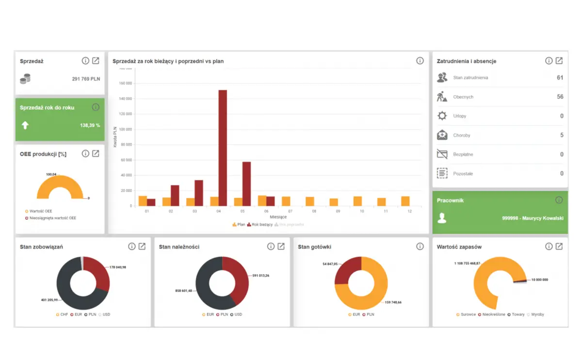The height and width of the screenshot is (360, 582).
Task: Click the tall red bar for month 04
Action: (223, 147)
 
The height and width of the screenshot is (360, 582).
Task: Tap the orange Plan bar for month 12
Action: (405, 201)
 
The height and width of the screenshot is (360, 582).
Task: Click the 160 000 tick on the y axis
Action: (125, 83)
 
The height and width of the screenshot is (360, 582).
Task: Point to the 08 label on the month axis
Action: (314, 212)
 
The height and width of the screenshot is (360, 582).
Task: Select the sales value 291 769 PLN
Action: (86, 79)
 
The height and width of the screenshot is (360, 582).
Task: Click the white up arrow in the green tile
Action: (25, 125)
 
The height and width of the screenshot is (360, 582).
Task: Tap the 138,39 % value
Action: (90, 125)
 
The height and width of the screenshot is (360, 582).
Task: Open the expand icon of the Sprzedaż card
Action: (96, 61)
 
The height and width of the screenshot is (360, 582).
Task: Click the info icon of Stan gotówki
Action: (420, 246)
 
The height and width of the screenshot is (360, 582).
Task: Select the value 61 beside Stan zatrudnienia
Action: (560, 78)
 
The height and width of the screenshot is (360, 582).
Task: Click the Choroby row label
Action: (461, 135)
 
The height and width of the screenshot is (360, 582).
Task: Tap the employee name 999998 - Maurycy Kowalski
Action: (533, 218)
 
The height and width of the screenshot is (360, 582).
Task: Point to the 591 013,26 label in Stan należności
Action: (260, 276)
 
